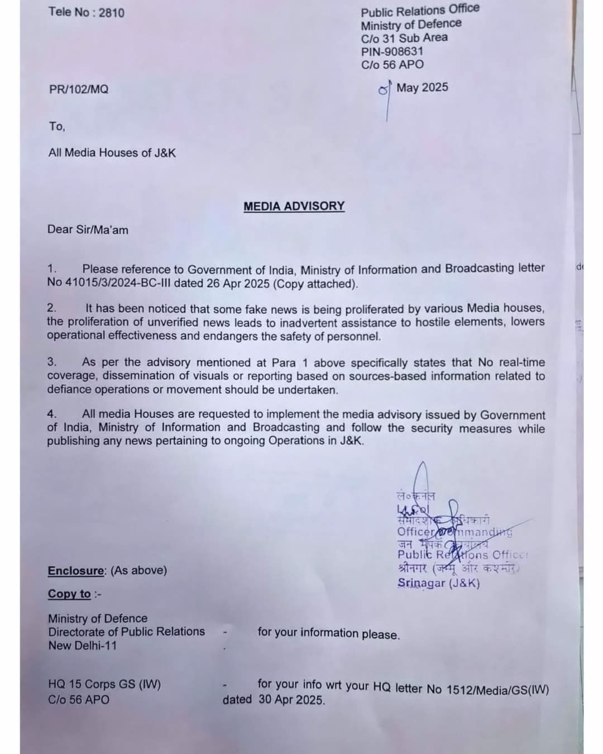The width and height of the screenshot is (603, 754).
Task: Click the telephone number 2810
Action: [112, 12]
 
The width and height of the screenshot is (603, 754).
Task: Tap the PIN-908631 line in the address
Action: [392, 51]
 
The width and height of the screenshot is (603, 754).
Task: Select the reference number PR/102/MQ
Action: [79, 89]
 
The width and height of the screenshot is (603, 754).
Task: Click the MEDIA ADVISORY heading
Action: [294, 206]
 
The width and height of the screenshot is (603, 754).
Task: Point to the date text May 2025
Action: [422, 88]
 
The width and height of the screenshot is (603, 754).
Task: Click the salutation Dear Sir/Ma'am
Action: [88, 230]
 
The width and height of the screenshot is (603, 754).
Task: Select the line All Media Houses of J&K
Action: [112, 152]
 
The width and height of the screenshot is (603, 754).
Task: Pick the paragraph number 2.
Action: [51, 308]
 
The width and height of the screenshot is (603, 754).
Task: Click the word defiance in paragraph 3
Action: [69, 390]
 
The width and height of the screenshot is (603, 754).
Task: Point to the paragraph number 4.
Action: [51, 414]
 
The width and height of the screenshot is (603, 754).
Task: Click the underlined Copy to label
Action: [69, 594]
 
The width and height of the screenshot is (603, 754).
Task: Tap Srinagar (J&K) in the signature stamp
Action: [438, 583]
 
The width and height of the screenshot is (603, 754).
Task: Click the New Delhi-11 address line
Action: [82, 646]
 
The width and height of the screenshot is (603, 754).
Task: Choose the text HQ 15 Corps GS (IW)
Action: [104, 684]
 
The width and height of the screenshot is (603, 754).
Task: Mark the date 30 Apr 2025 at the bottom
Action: [291, 700]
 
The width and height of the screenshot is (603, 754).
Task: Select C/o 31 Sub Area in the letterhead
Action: [404, 38]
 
